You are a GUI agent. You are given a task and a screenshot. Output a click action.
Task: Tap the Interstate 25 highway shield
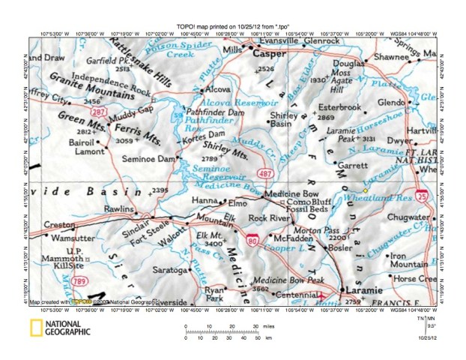click(423, 197)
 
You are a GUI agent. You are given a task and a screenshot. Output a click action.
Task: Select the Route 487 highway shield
click(264, 174)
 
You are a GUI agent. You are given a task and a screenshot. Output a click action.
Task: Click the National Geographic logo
click(59, 326)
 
